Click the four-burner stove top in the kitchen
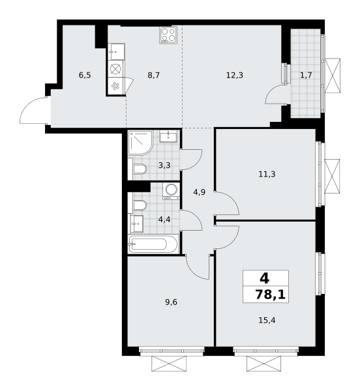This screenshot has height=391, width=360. (168, 35)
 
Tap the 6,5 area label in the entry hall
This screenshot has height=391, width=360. (85, 75)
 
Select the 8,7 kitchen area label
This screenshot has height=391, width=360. (153, 75)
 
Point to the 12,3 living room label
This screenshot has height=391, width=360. (235, 75)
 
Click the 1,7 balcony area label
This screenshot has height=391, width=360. (306, 75)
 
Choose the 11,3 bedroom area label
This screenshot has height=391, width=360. (267, 174)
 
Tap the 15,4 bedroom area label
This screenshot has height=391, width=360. (267, 320)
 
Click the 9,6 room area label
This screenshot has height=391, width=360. (171, 302)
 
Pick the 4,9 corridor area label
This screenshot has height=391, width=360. (200, 192)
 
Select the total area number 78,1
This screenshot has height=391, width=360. (270, 295)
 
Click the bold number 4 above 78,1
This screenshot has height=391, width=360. (264, 278)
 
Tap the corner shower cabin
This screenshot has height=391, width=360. (140, 143)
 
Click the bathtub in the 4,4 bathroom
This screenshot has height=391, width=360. (153, 244)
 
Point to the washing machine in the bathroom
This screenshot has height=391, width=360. (171, 191)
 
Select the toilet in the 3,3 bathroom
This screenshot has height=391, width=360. (140, 169)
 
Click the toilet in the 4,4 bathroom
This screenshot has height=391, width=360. (140, 205)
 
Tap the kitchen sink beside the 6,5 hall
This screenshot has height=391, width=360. (116, 51)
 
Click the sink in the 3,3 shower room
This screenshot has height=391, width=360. (168, 136)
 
